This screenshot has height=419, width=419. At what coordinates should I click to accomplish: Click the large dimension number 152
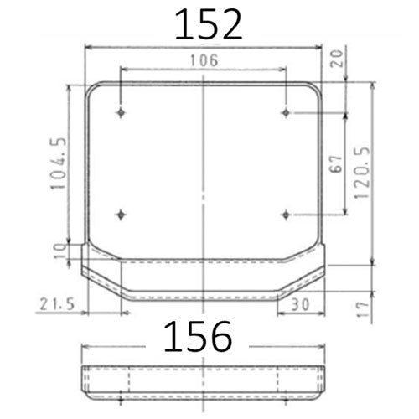pos(209,24)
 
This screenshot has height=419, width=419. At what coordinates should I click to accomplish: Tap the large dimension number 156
pos(198,336)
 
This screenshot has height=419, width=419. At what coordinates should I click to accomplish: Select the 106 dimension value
pos(204,60)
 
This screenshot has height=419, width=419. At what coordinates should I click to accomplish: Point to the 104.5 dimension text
pos(59,163)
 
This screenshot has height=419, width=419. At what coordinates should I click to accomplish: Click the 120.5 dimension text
pos(362,173)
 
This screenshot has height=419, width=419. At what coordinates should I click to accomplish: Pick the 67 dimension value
pos(336,163)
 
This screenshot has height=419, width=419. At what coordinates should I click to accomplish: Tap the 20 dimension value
pos(337,59)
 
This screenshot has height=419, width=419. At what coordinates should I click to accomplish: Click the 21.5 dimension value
pos(57,304)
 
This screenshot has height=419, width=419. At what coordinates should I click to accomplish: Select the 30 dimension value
pos(300,304)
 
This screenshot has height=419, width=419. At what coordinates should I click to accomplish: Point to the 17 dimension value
pos(363,309)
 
